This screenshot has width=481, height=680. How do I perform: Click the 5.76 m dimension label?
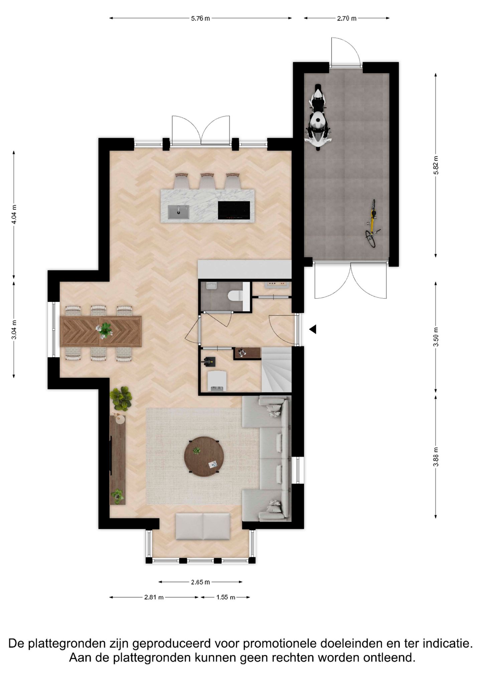pyautogui.click(x=200, y=18)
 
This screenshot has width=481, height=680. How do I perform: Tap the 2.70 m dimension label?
pyautogui.click(x=346, y=18)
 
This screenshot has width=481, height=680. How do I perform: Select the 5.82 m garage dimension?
pyautogui.click(x=436, y=165)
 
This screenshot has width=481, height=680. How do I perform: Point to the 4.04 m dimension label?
pyautogui.click(x=14, y=214)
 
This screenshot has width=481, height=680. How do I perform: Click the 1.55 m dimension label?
pyautogui.click(x=226, y=597)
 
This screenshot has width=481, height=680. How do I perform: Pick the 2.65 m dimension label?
pyautogui.click(x=200, y=582)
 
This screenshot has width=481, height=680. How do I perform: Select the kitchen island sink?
pyautogui.click(x=179, y=212)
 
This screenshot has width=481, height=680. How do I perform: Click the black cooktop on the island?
pyautogui.click(x=234, y=210)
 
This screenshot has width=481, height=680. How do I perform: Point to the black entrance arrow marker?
pyautogui.click(x=313, y=329)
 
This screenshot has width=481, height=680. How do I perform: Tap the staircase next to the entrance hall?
pyautogui.click(x=276, y=369)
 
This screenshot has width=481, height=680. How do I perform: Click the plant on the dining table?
pyautogui.click(x=105, y=329)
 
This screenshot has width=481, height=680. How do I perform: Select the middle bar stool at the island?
pyautogui.click(x=207, y=181)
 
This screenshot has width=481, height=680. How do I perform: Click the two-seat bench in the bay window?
pyautogui.click(x=203, y=526)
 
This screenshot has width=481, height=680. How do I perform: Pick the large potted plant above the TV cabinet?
pyautogui.click(x=121, y=398)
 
